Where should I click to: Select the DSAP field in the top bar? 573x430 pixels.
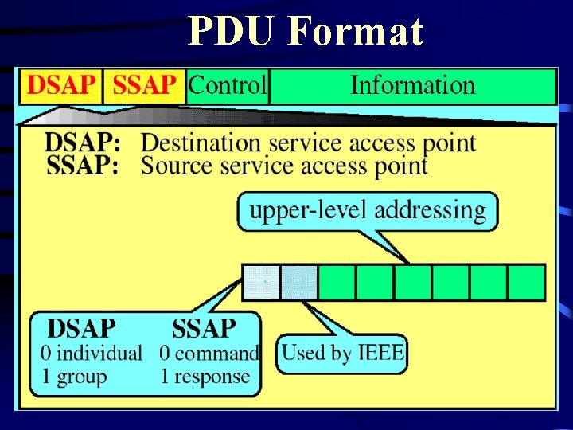60,86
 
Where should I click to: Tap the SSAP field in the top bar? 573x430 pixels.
144,86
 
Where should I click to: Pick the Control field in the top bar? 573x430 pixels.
228,86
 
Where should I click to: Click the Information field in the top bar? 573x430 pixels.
412,86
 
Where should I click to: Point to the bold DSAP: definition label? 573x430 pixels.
83,144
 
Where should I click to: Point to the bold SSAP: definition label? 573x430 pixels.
83,166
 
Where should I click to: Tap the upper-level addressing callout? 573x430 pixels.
368,211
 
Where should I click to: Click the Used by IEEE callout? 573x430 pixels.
342,352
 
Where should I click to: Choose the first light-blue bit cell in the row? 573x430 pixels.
261,282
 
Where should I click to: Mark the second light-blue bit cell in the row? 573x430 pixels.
299,282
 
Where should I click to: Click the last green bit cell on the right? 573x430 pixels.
527,282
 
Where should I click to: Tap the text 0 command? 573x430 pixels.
209,353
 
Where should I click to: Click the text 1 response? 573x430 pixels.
205,376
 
